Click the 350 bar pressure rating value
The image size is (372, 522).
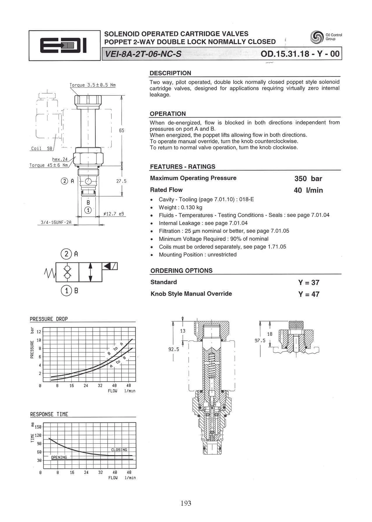tap(308, 178)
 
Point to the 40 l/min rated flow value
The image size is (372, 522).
tap(308, 190)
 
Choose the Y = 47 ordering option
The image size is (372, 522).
tap(309, 294)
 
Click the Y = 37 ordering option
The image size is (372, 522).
tap(309, 282)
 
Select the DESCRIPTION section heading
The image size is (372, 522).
tap(171, 73)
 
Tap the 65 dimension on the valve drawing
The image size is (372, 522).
tap(122, 130)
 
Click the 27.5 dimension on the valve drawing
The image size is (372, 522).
tap(121, 181)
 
